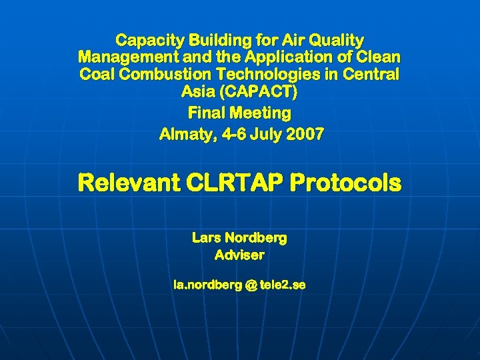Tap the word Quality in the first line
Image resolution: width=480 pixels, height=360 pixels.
click(336, 41)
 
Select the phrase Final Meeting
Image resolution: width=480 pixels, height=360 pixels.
click(240, 112)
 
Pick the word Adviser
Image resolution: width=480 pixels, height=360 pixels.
click(239, 255)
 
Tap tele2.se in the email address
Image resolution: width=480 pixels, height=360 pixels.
click(283, 285)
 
